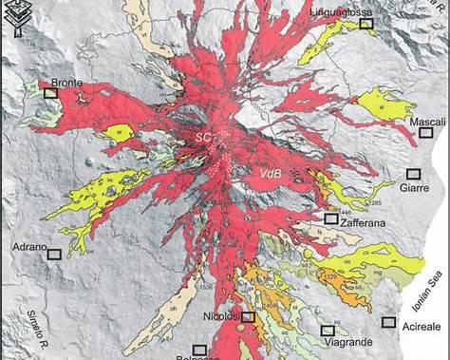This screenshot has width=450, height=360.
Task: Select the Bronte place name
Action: [66, 83]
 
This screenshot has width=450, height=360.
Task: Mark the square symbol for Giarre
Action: [413, 173]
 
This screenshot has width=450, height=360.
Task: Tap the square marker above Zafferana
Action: [330, 218]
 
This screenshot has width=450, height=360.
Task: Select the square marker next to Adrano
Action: [54, 254]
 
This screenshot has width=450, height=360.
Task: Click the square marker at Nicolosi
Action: [248, 317]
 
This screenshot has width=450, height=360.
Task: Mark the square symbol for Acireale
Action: [388, 322]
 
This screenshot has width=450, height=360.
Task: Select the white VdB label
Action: [270, 172]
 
